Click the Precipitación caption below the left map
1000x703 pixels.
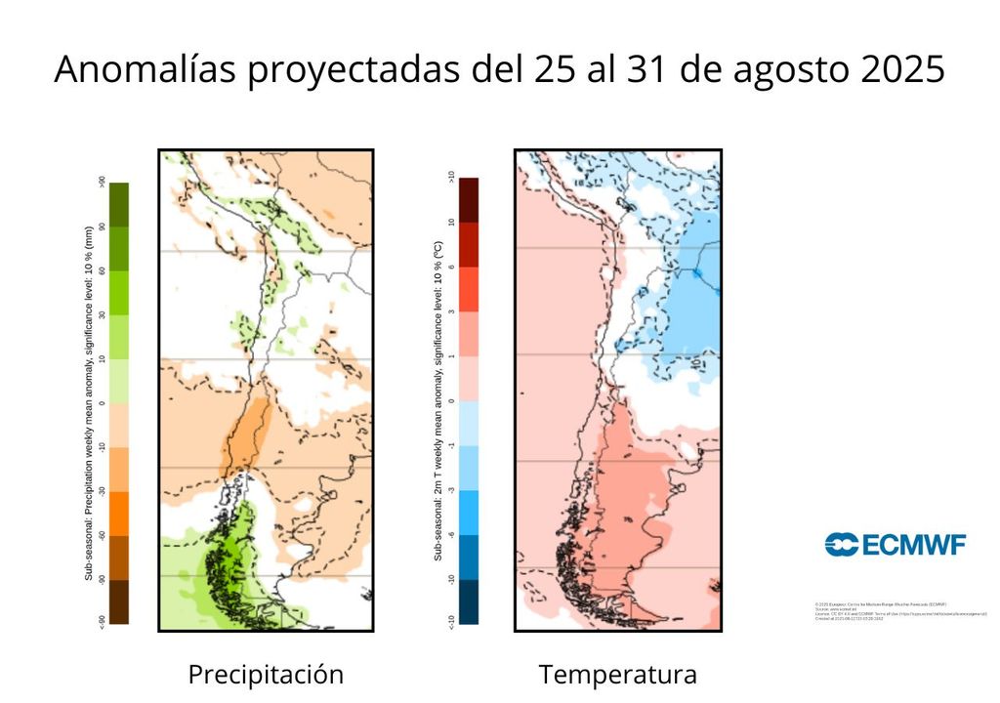266,675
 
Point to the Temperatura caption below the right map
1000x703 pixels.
617,675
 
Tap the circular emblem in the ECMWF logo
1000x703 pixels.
841,545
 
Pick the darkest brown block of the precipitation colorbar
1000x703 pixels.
119,601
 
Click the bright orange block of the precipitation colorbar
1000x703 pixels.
119,513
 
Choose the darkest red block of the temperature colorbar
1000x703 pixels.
469,199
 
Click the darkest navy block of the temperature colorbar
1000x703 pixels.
469,601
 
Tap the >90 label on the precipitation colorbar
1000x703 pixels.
102,182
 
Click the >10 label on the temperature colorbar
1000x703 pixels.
450,178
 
